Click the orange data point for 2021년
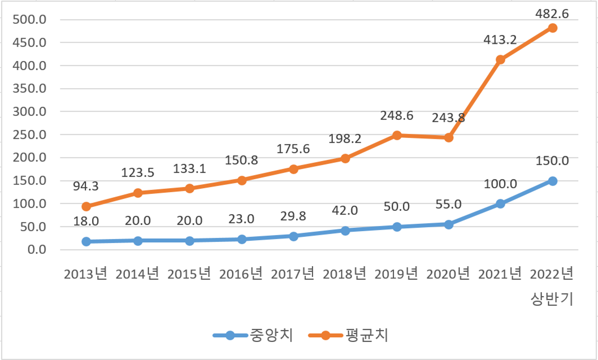pyautogui.click(x=500, y=59)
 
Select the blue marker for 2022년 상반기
pyautogui.click(x=552, y=181)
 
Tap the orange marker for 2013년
pyautogui.click(x=86, y=206)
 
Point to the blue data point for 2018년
pyautogui.click(x=345, y=231)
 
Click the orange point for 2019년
pyautogui.click(x=397, y=135)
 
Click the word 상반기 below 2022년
pyautogui.click(x=552, y=298)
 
